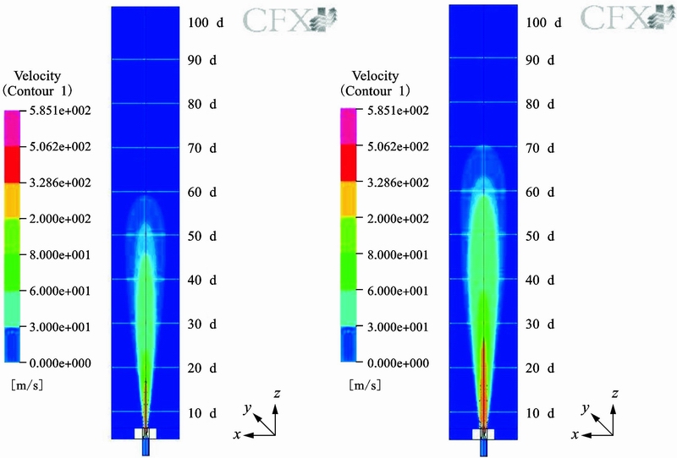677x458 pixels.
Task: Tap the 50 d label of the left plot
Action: click(202, 236)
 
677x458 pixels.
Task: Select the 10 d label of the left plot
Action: click(202, 413)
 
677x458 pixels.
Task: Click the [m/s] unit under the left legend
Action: click(25, 384)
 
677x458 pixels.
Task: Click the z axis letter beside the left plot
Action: click(278, 394)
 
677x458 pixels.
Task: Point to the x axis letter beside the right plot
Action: click(575, 434)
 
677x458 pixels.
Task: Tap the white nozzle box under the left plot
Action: click(146, 433)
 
